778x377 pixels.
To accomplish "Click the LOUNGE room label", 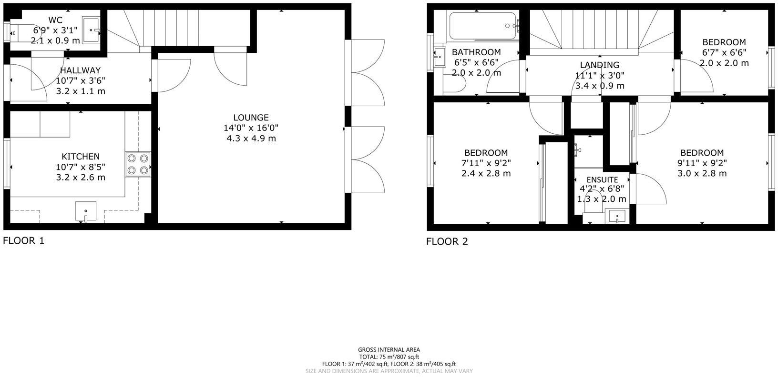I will point(251,118).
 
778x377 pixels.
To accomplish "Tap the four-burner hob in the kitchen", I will point(138,165).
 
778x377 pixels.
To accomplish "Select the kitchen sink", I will point(86,212).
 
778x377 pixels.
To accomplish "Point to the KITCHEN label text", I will point(81,157).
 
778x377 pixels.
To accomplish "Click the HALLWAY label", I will point(80,70).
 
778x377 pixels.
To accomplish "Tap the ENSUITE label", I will point(602,180).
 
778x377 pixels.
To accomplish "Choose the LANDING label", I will point(600,65).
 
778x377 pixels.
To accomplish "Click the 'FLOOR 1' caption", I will point(24,240).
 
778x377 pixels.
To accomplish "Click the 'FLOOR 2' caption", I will point(447,241).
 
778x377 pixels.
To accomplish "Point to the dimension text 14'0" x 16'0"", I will point(251,128).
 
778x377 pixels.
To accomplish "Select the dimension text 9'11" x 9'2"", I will point(702,163).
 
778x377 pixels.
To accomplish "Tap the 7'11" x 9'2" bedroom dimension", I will point(486,163).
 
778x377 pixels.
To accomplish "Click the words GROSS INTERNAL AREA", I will point(389,350).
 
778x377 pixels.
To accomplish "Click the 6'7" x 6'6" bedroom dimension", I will point(724,52).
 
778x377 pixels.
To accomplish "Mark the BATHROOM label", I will point(476,52).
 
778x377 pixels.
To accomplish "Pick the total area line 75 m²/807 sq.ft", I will point(389,357).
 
